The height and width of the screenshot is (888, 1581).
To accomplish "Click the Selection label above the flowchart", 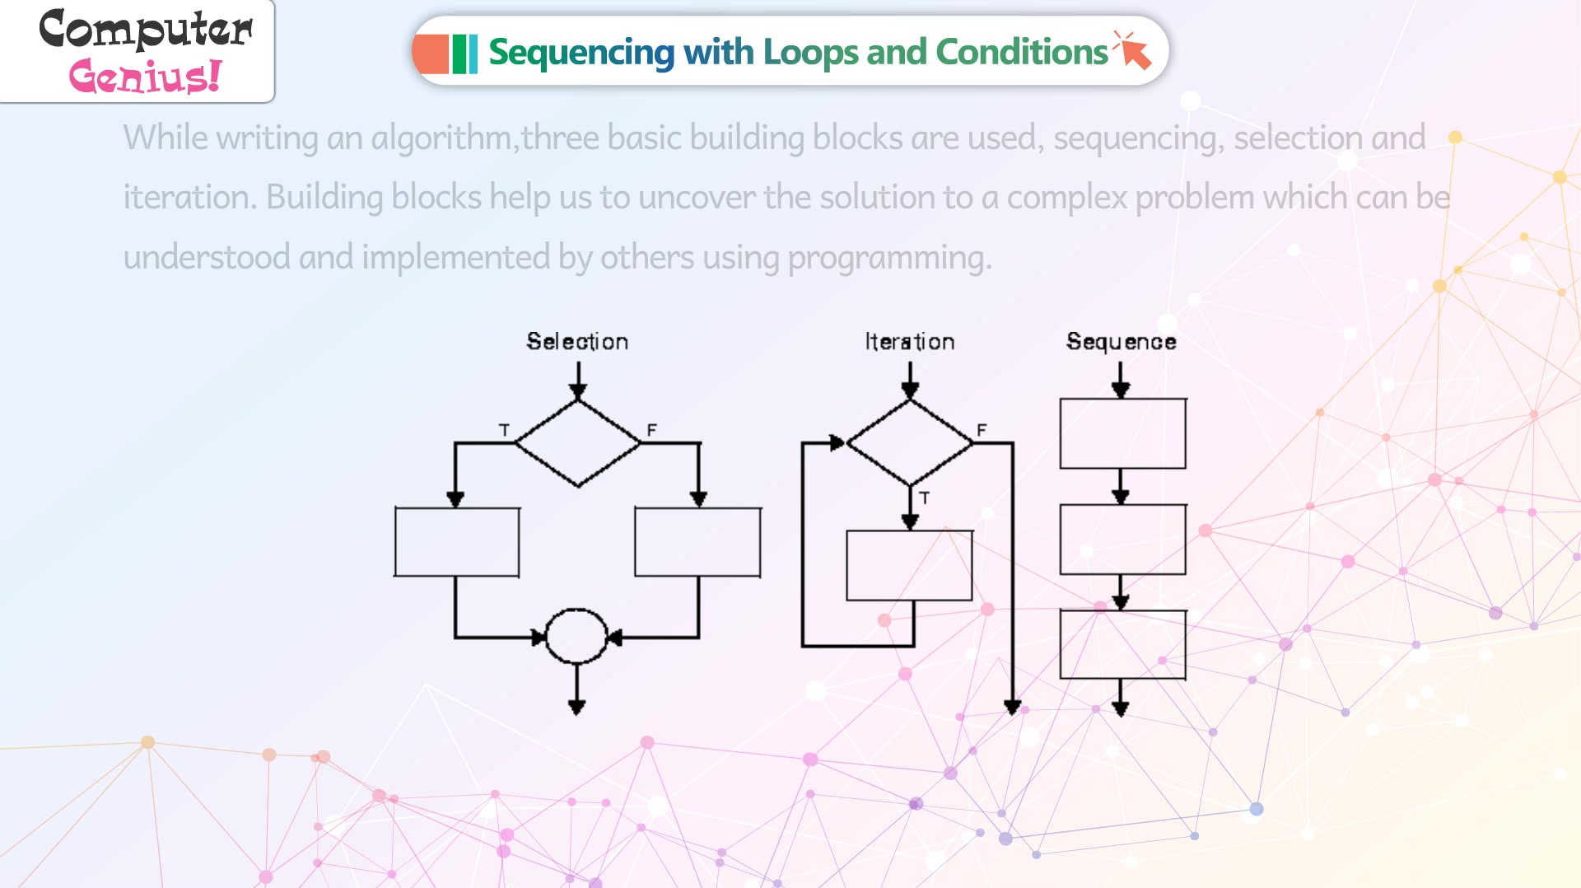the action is [577, 341].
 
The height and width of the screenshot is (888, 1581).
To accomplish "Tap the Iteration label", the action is [909, 341].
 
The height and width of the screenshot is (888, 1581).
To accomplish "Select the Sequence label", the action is [1121, 342].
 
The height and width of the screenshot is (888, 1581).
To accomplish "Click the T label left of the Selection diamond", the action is [504, 430].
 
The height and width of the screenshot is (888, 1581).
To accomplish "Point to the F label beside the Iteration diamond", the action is [982, 430].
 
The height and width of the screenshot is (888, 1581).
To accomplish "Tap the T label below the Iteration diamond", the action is [925, 498].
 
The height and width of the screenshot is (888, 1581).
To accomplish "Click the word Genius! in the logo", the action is [145, 76].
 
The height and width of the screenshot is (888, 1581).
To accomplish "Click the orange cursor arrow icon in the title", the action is [1133, 49].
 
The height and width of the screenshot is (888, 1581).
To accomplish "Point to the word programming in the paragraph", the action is [889, 258].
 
